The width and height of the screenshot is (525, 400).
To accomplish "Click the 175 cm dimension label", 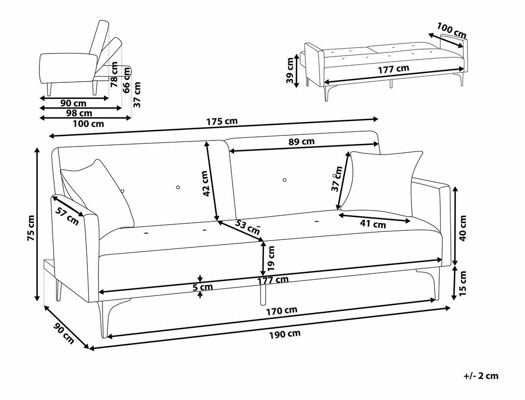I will tap(222, 122).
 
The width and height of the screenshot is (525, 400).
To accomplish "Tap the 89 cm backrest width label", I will tap(301, 142).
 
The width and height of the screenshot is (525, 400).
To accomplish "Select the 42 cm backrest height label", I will tap(205, 183).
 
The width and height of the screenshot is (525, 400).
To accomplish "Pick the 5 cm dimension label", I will tap(203, 287).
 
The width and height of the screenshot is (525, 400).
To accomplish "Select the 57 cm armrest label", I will tap(67, 216).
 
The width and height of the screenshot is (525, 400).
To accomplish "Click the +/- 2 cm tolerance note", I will tap(481, 376).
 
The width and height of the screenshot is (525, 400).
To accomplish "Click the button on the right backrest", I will tap(285, 180).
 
